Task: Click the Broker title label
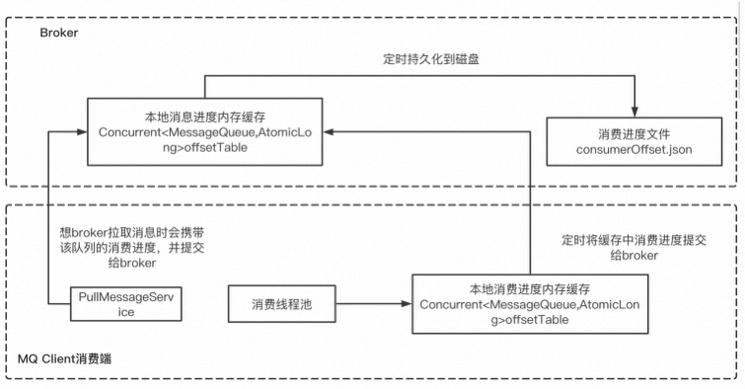point(58,34)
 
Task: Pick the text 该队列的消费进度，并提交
point(134,248)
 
